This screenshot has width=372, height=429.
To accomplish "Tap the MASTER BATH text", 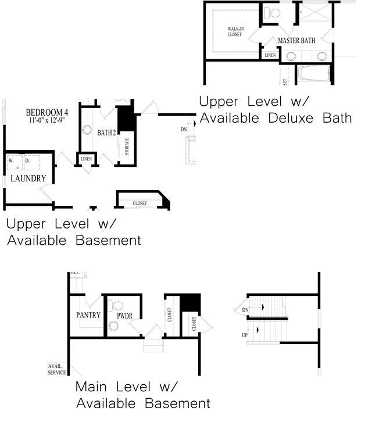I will coord(296,41).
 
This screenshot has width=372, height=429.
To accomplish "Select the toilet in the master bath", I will coord(272,12).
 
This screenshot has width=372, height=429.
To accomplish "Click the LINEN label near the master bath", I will coord(270,55).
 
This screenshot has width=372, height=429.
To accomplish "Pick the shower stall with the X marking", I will coord(313,15).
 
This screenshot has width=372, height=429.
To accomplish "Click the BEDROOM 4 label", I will coord(47,112).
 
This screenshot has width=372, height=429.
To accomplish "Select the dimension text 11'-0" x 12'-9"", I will coord(47,121).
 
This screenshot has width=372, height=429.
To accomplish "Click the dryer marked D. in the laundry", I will coord(26,160).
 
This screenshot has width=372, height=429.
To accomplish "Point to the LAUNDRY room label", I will coord(28,178).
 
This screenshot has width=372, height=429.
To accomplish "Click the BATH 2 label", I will coord(106,133).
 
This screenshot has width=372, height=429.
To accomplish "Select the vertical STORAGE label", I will coord(127,146).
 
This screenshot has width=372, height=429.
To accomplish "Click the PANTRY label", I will coord(88,315).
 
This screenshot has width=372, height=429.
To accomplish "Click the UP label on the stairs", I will coord(245,336).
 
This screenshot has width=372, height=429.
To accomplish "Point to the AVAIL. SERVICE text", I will coord(57,369).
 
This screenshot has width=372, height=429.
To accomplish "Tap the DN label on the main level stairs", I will coord(245,310).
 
